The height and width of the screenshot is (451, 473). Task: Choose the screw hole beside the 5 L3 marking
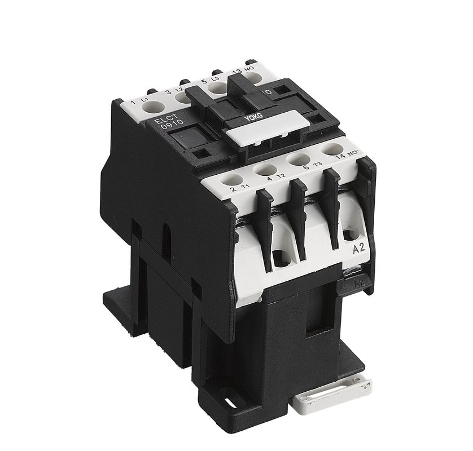point(217,87)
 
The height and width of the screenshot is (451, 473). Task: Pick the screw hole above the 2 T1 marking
point(230,180)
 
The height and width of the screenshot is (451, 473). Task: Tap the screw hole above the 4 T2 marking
point(265,169)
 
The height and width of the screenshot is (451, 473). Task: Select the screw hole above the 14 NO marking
point(331,150)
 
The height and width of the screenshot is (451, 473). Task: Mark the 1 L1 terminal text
point(139,101)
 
